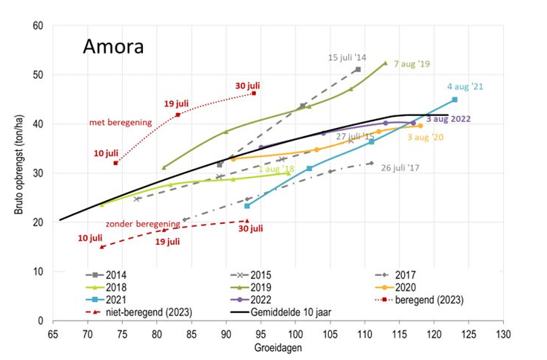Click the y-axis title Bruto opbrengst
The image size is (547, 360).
17,173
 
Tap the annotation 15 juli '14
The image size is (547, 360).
348,57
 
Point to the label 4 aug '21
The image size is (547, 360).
465,86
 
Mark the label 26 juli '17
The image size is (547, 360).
400,167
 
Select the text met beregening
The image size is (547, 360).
121,122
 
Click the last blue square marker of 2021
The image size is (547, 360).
455,100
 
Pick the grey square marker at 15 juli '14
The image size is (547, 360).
358,69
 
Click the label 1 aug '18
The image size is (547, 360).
276,169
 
